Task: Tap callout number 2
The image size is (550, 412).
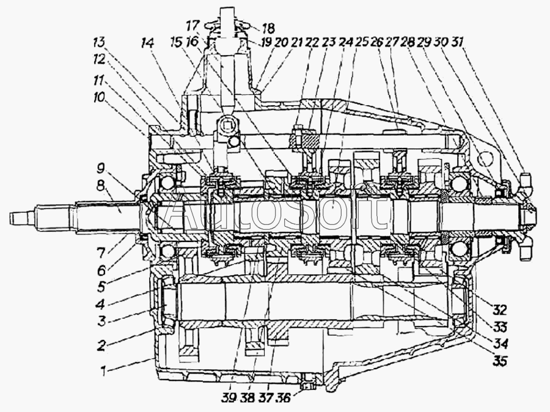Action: pos(103,346)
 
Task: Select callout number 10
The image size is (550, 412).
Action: pos(98,98)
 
